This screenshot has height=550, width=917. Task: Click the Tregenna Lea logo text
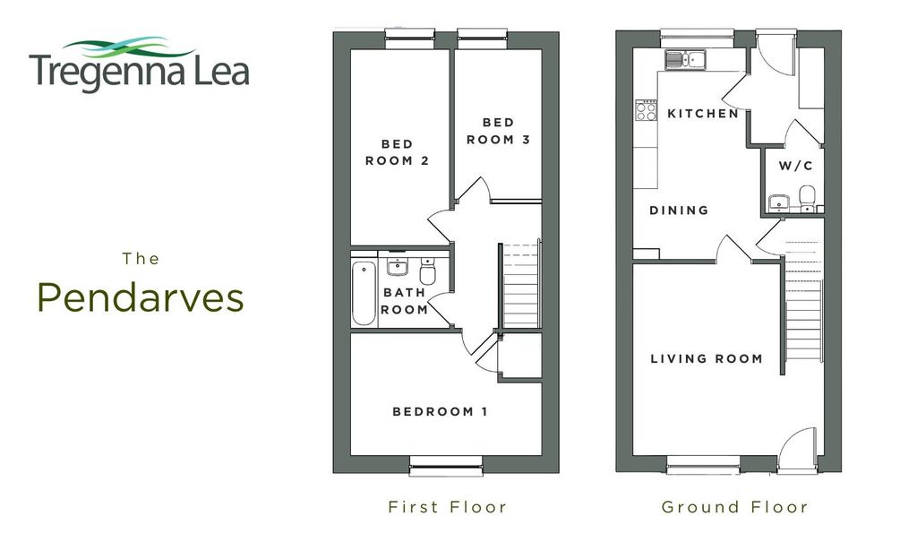(139, 73)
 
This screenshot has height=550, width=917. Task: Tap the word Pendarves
(141, 298)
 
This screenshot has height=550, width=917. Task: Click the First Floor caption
(448, 507)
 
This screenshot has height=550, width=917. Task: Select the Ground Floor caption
(735, 507)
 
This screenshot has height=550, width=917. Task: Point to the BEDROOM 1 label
(440, 412)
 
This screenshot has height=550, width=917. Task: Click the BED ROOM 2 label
(398, 152)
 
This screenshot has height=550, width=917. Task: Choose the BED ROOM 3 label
(498, 131)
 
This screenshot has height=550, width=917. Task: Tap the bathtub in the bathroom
(364, 294)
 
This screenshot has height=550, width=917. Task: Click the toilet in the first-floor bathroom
(427, 271)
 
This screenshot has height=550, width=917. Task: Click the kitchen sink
(685, 60)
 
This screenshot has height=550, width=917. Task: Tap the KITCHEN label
(703, 114)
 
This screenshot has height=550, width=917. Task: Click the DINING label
(679, 211)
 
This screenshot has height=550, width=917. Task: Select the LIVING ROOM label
(707, 358)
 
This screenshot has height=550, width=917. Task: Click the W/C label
(795, 166)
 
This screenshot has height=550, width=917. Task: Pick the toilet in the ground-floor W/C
(807, 197)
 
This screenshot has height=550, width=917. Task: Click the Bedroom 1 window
(446, 462)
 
